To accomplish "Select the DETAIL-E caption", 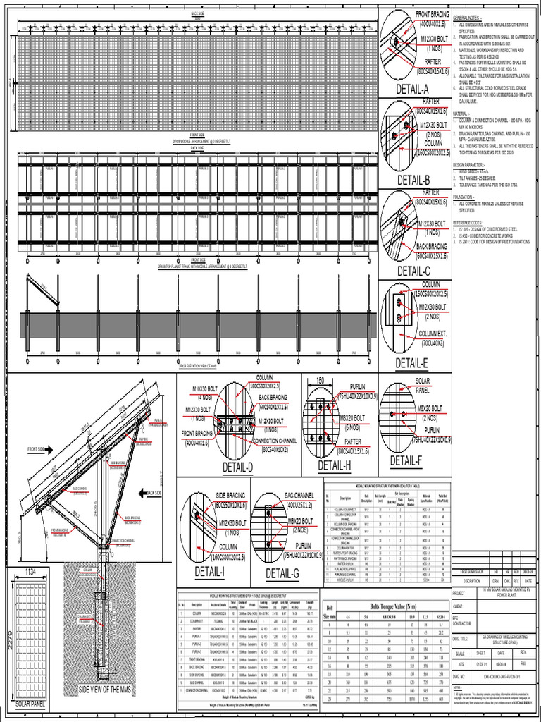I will (411, 364).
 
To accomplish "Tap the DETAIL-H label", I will (334, 466).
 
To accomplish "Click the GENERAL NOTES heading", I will (467, 18).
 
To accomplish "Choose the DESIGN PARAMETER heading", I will (471, 164).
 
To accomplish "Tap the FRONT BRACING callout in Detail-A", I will (433, 14).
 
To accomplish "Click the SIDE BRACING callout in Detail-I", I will (230, 496).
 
